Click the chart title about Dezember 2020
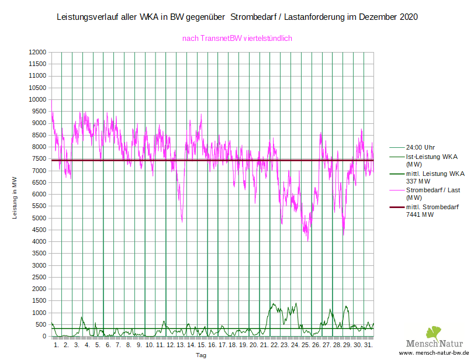pos(237,18)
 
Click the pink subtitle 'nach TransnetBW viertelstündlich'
pos(237,39)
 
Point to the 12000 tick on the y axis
pos(38,53)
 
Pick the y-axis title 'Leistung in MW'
pos(15,199)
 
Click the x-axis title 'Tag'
pos(201,355)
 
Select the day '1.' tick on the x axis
pos(56,345)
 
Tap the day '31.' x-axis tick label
pos(368,345)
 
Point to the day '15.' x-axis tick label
pos(201,345)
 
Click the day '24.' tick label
pos(295,345)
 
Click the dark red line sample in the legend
pos(397,207)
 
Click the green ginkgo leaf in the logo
pos(433,333)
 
